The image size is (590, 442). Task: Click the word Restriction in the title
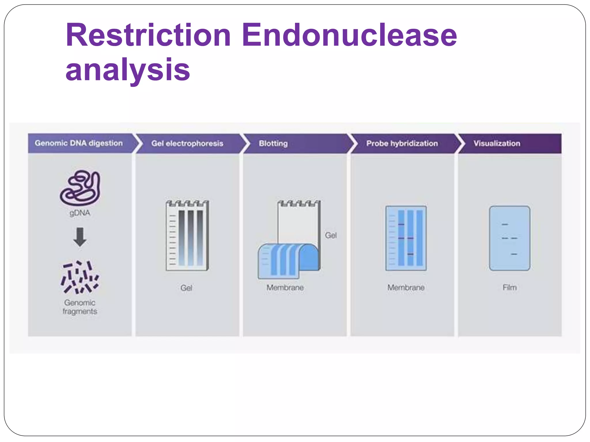point(148,35)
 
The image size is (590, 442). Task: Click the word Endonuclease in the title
point(349,35)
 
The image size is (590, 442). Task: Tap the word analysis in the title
point(128,70)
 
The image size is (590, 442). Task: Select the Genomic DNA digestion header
point(79,143)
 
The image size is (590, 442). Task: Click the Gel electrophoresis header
point(187,143)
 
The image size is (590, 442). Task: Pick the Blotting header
point(273,143)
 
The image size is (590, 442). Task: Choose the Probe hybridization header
point(402,143)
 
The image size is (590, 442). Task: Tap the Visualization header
point(497,143)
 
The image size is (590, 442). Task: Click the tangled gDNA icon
point(80,188)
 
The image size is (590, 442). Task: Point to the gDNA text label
point(80,213)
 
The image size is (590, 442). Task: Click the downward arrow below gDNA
point(80,237)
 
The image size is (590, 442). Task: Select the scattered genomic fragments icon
point(80,277)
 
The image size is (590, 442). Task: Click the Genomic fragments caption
point(80,307)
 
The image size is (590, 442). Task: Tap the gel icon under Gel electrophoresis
point(187,235)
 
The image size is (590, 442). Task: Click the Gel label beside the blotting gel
point(331,235)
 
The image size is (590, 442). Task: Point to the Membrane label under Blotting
point(285,287)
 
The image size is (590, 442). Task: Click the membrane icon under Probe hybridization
point(406,238)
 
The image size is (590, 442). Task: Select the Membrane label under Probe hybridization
point(406,287)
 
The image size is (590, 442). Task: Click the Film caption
point(509,287)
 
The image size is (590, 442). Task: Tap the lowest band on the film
point(514,254)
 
